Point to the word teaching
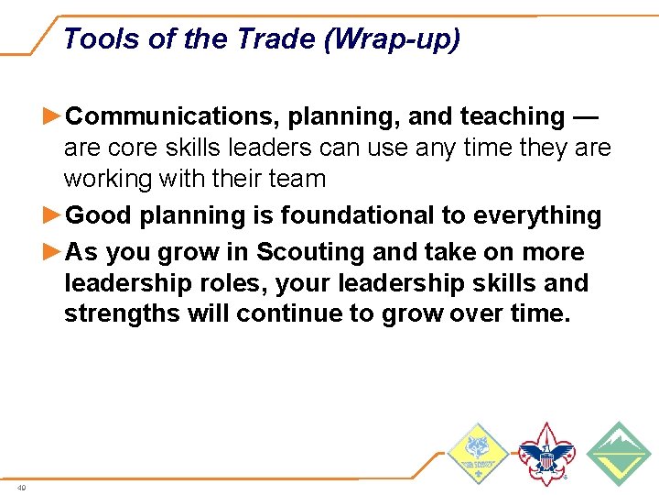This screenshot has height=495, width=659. point(513,116)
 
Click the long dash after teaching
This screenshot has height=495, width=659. point(586,116)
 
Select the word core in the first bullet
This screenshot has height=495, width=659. point(132,148)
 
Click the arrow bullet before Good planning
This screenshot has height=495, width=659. point(54,215)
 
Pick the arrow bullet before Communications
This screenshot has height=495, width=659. point(54,116)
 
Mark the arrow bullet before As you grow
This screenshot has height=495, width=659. point(54,251)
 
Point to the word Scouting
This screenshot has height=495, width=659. point(308,251)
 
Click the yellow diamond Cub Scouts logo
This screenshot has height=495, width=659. point(478,454)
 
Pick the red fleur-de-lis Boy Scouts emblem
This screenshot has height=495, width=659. point(546,454)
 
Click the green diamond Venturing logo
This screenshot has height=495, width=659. point(618,454)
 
